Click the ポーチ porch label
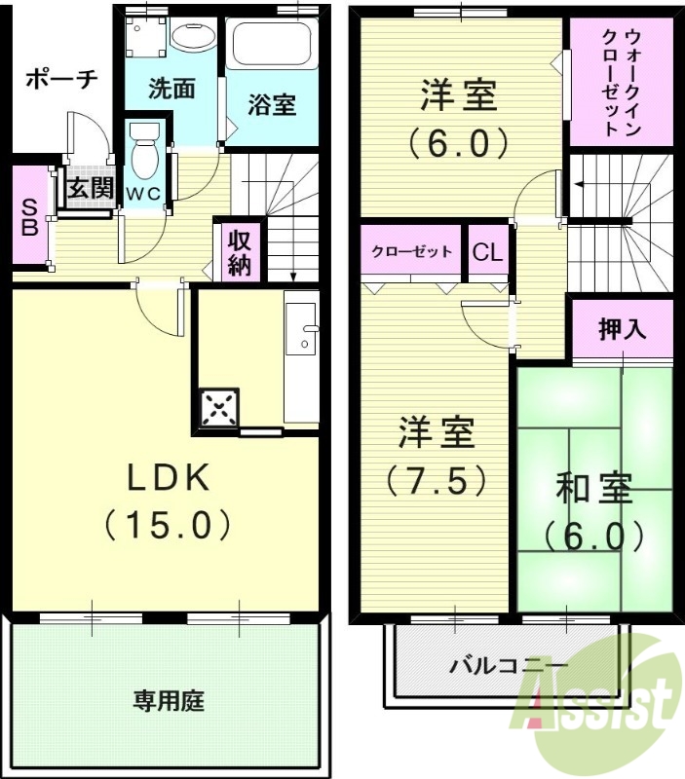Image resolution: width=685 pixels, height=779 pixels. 60,79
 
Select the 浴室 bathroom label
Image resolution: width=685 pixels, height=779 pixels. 272,105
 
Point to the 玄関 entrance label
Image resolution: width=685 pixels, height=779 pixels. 90,188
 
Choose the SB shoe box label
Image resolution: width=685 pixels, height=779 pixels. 30,216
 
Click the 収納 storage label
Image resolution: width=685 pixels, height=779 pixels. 239,252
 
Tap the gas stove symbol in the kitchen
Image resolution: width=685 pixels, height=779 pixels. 219,406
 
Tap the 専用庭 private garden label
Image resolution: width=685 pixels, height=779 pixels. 168,700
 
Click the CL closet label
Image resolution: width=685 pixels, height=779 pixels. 487,252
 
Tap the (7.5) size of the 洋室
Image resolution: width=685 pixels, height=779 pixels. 435,479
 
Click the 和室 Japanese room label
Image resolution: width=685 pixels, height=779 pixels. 594,488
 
